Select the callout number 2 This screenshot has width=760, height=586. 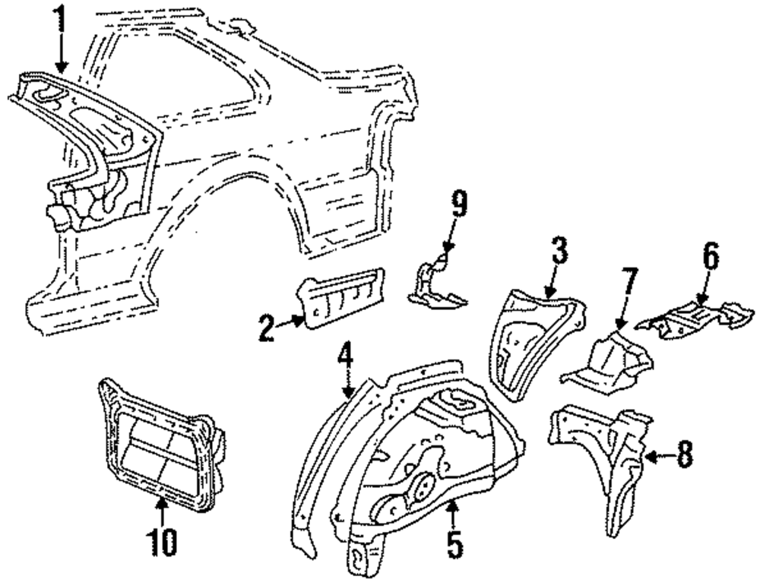(265, 328)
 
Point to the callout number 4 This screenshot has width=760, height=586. (346, 356)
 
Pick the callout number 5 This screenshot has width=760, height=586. (454, 546)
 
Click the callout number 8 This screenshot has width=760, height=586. (685, 455)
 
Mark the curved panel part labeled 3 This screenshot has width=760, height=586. (532, 334)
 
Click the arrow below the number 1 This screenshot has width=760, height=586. (61, 57)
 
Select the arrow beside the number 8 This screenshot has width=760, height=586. (659, 457)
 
